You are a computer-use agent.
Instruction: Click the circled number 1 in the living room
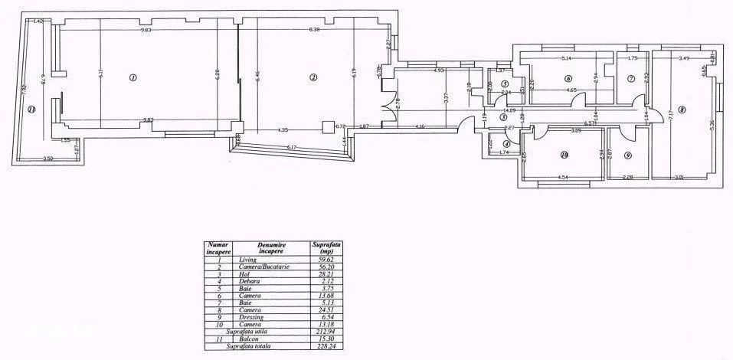133,77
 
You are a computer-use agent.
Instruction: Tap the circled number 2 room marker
313,77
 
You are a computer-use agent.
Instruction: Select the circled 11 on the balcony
31,110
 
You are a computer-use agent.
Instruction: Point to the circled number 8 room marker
681,110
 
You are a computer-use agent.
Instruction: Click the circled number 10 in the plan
564,155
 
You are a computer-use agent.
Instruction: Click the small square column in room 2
328,128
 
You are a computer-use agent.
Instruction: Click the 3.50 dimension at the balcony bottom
47,158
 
